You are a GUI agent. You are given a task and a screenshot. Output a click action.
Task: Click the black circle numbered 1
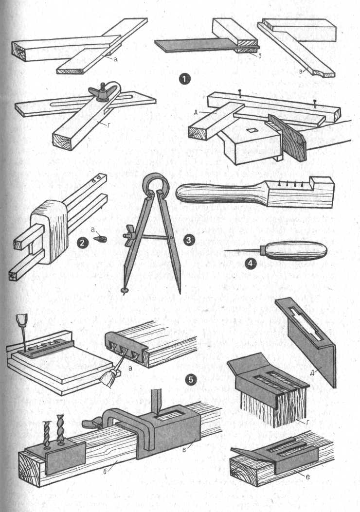[185, 79]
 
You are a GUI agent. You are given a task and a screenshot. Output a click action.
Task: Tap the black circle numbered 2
[82, 242]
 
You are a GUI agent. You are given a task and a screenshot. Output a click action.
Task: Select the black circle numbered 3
[189, 241]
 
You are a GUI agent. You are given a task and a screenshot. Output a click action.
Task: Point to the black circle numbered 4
[251, 264]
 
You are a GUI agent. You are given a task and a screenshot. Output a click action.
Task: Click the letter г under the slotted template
[308, 422]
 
